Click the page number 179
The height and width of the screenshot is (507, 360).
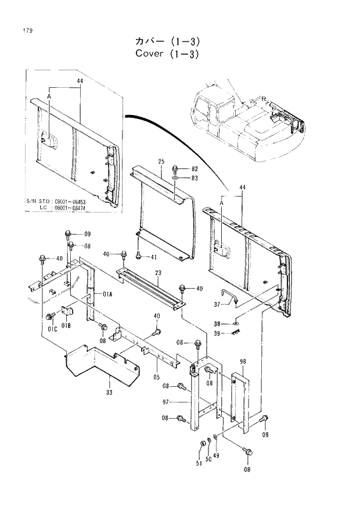tap(27, 31)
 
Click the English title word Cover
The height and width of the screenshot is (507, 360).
tap(150, 55)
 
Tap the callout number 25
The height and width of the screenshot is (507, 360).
tap(161, 161)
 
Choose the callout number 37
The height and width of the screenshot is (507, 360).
tap(218, 304)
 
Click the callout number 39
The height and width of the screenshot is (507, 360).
tap(217, 333)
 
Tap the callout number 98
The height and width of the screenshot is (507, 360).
tap(243, 361)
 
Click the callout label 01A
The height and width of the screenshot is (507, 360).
tap(109, 293)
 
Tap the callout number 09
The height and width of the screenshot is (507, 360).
tap(87, 234)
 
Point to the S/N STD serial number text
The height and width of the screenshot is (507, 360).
tap(59, 201)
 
